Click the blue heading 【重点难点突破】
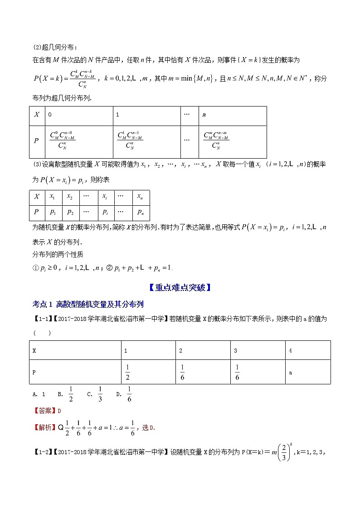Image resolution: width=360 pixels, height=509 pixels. click(180, 287)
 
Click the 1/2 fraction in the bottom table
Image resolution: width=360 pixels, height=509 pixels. click(128, 372)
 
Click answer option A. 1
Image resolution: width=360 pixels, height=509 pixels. click(39, 394)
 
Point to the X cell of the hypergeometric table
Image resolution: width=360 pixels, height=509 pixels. click(37, 115)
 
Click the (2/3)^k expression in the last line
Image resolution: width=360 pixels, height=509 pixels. click(283, 452)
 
